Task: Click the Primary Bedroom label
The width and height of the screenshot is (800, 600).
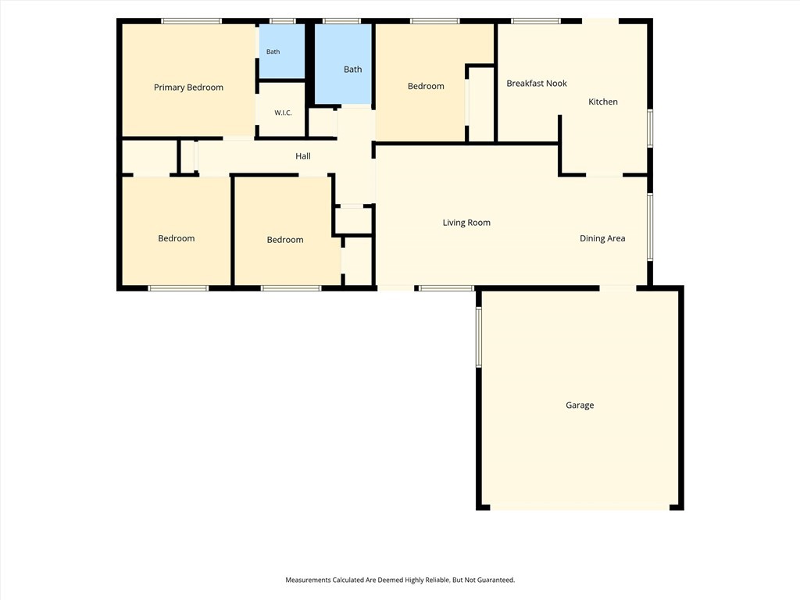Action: [189, 87]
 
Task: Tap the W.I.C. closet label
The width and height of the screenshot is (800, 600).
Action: [283, 112]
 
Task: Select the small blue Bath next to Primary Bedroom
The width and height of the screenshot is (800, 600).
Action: [281, 52]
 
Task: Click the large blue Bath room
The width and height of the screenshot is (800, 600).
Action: [343, 64]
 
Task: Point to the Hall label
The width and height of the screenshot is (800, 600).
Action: [303, 156]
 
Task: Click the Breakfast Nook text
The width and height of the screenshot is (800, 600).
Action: [537, 83]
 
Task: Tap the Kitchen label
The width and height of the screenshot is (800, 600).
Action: [603, 102]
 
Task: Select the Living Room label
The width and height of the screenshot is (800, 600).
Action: [466, 223]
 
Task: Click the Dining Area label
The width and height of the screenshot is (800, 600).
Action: [602, 238]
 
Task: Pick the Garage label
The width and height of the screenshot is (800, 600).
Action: [580, 405]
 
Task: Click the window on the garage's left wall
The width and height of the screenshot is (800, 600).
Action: [479, 337]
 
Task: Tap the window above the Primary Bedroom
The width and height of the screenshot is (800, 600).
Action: [191, 21]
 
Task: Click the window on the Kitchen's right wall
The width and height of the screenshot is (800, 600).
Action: [650, 129]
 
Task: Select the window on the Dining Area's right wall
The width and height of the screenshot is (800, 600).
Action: [650, 227]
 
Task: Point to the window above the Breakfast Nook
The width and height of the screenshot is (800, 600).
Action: [536, 21]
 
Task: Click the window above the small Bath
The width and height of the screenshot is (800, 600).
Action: [283, 21]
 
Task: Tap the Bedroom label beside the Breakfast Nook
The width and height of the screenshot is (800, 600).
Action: [426, 86]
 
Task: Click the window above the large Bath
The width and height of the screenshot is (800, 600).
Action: [342, 21]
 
